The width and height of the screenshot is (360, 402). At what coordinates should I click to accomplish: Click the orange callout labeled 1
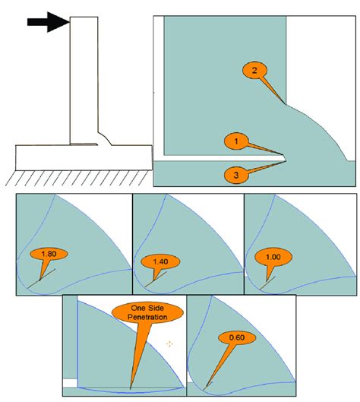click(237, 141)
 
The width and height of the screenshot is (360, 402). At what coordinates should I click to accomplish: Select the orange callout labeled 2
click(255, 71)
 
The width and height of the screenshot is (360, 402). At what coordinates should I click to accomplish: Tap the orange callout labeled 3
click(237, 174)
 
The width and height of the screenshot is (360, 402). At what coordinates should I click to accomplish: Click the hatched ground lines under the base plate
click(76, 178)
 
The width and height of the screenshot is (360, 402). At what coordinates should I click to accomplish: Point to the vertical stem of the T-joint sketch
click(83, 76)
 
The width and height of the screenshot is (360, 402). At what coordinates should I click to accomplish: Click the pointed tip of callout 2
click(285, 103)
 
